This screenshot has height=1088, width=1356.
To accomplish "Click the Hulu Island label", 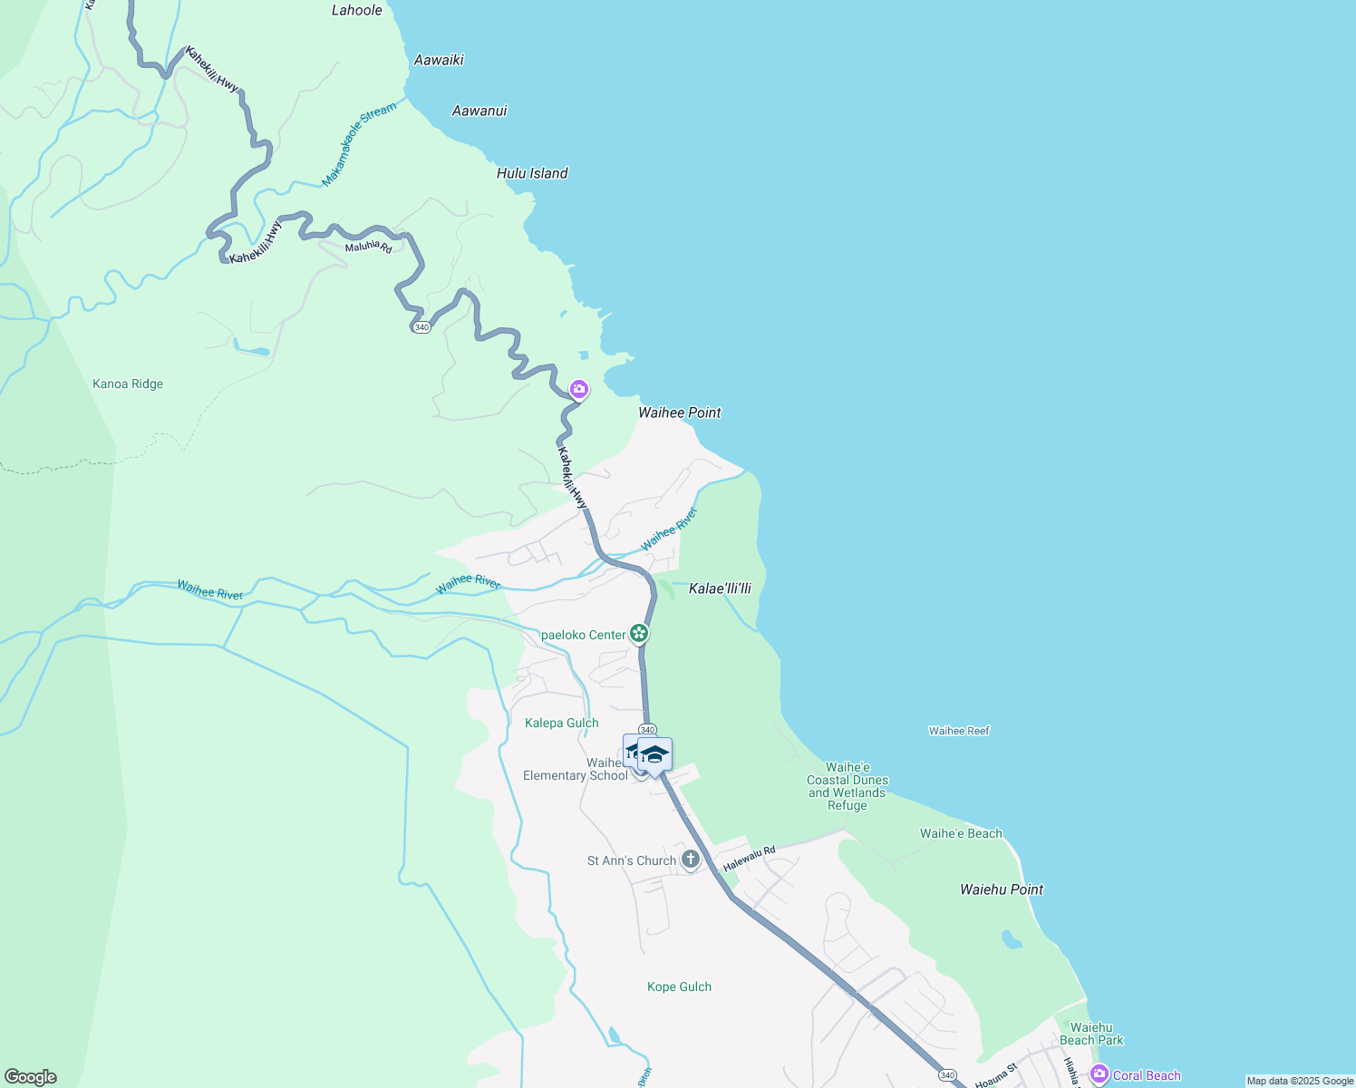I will [532, 173].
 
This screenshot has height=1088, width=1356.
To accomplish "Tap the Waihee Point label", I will [679, 413].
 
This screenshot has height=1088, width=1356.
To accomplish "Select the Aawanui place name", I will [479, 111].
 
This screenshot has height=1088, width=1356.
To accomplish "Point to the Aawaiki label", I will [439, 60].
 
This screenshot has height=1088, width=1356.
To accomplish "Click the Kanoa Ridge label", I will [128, 384].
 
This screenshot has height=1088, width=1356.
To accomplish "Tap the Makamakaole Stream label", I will [359, 144].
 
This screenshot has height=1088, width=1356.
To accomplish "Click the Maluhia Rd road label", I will [368, 247].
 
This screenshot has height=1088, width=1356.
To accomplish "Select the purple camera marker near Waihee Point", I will [578, 390].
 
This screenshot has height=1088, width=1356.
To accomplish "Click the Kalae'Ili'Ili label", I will [720, 588].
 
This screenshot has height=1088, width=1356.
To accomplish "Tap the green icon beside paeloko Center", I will [639, 634].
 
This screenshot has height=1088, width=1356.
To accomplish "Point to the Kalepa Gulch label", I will [561, 723].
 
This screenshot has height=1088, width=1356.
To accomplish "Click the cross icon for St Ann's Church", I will [691, 860].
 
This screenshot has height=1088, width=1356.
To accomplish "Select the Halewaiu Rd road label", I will [750, 858].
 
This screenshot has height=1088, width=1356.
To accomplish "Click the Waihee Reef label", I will [959, 731].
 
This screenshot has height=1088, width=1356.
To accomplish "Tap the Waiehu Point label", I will [1002, 889].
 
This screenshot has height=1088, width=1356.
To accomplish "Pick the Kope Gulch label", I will [679, 986].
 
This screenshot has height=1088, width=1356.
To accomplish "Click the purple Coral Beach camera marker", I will [1099, 1074].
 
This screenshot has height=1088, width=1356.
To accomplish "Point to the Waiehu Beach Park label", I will [1091, 1034].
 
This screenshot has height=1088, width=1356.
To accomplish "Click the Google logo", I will [31, 1077].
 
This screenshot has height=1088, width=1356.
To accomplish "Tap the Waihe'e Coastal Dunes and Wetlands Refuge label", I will [847, 786].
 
